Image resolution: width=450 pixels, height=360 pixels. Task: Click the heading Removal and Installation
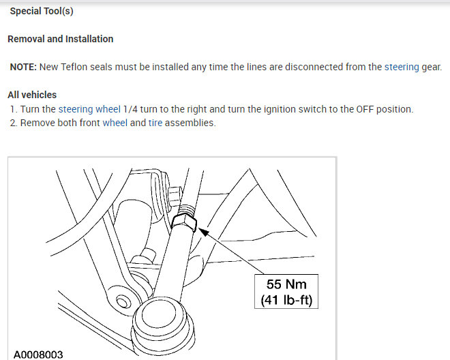60,39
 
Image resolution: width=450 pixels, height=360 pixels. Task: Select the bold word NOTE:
23,67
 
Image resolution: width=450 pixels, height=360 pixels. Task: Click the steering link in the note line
402,67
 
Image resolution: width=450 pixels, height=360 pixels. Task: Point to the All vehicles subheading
32,95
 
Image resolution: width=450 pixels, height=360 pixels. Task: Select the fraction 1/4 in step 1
134,109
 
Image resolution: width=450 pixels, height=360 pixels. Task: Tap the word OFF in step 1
366,109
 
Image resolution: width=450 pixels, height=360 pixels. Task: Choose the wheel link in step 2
115,123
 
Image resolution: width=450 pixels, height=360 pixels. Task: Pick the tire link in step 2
155,123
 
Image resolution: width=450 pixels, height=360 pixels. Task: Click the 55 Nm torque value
286,284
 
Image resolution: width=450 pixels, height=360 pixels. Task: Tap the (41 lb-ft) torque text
286,299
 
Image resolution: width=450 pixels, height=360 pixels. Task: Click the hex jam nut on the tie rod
184,222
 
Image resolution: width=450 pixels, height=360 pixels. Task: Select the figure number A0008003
38,354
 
